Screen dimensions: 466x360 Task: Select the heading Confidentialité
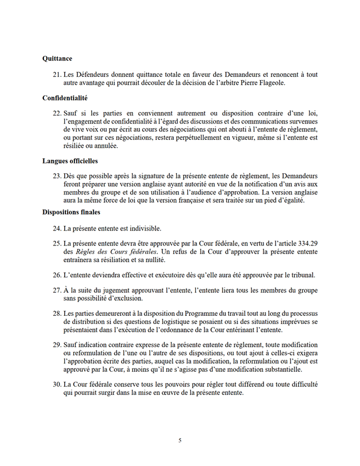(x=65, y=98)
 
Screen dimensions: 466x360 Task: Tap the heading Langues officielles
(x=70, y=161)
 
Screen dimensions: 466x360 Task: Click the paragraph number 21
(x=56, y=74)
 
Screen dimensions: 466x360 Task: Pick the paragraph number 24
(x=56, y=229)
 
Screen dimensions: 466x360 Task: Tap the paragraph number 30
(x=56, y=383)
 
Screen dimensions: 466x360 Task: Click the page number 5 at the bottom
(x=180, y=441)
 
